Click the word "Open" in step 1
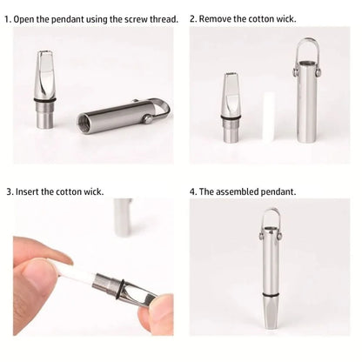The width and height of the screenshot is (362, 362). coord(23,19)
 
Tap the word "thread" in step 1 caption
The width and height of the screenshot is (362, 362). coord(164,19)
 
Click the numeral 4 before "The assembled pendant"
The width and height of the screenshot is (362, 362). coord(192,191)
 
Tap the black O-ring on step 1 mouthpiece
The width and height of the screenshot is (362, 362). coord(44,100)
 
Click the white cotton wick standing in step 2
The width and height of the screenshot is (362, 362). coord(269,117)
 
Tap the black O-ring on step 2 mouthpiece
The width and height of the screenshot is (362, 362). coord(231,117)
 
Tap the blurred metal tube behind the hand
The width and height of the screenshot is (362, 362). coord(123,217)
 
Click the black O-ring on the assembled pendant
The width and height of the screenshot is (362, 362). coord(271,295)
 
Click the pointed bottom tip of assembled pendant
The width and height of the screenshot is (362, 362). coord(271,327)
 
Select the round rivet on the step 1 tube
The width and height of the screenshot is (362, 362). coord(148,119)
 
